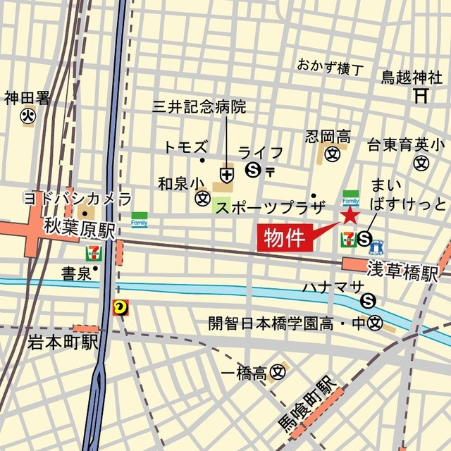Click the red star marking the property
(x=350, y=216)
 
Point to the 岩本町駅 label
(x=62, y=343)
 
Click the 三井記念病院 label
(x=199, y=107)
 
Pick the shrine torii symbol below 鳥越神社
(x=421, y=94)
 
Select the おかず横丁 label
(x=330, y=68)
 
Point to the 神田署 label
(x=27, y=97)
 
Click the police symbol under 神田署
(x=28, y=116)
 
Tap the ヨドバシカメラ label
(x=78, y=197)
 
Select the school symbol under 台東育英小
(x=421, y=163)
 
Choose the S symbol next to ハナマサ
(x=368, y=302)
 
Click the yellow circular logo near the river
(x=119, y=306)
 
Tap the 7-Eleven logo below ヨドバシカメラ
(x=92, y=252)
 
